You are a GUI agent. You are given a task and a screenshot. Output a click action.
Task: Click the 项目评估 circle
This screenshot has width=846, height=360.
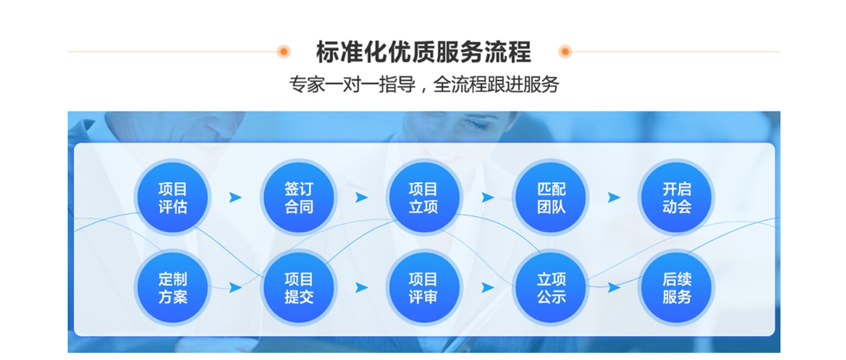pyautogui.click(x=173, y=197)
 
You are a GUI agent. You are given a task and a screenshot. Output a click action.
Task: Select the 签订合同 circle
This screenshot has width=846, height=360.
pyautogui.click(x=299, y=197)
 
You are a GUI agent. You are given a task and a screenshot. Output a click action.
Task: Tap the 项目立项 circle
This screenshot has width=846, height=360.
pyautogui.click(x=423, y=197)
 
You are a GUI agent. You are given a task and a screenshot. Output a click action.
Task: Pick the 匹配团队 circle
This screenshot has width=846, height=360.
pyautogui.click(x=551, y=197)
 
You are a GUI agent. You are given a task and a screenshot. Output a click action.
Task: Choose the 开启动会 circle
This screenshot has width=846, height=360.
pyautogui.click(x=677, y=197)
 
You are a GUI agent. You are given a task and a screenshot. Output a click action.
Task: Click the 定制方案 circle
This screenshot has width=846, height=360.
pyautogui.click(x=173, y=288)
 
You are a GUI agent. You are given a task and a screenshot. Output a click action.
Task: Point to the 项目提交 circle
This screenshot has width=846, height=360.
pyautogui.click(x=299, y=288)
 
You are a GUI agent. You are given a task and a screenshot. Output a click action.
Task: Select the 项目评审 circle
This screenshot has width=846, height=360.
pyautogui.click(x=423, y=288)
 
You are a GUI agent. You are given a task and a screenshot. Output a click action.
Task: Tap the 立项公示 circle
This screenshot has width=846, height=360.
pyautogui.click(x=551, y=288)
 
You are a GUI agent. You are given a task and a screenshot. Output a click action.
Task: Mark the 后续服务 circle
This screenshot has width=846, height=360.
pyautogui.click(x=677, y=288)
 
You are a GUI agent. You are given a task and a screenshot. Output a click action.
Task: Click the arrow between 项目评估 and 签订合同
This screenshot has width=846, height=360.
pyautogui.click(x=235, y=197)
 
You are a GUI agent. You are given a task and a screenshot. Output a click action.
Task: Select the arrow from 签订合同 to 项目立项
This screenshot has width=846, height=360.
pyautogui.click(x=361, y=197)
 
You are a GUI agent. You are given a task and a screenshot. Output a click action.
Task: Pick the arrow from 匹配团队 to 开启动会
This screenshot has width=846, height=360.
pyautogui.click(x=614, y=197)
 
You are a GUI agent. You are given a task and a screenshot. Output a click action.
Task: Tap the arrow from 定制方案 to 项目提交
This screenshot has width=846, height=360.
pyautogui.click(x=235, y=288)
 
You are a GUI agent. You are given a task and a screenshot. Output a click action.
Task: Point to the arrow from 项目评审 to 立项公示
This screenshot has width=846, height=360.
pyautogui.click(x=487, y=288)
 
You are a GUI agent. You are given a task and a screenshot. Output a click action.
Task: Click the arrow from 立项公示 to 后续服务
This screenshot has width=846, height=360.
pyautogui.click(x=614, y=288)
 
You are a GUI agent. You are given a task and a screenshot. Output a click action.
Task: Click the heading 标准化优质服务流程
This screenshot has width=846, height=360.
pyautogui.click(x=423, y=52)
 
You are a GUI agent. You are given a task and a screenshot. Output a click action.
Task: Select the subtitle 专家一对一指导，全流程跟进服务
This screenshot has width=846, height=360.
pyautogui.click(x=423, y=85)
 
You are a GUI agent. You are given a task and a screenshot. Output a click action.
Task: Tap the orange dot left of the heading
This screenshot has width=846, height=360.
pyautogui.click(x=284, y=52)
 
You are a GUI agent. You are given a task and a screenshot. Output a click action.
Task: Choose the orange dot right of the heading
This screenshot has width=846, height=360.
pyautogui.click(x=565, y=52)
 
